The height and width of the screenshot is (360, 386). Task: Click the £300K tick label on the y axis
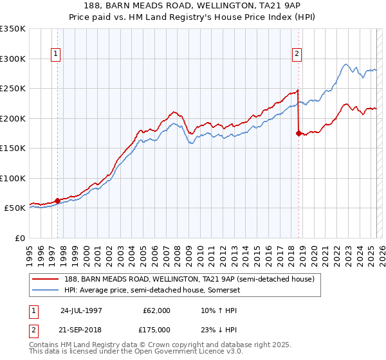click(13, 59)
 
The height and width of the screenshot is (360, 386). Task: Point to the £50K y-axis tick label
click(15, 208)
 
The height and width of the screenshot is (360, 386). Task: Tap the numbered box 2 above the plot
click(297, 55)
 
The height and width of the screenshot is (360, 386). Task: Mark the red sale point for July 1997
click(57, 201)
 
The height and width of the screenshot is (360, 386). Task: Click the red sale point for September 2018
click(299, 133)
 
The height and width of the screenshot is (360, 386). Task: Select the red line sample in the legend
click(46, 279)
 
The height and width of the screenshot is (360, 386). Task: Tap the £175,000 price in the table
click(157, 330)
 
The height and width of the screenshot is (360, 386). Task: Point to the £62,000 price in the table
click(157, 310)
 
